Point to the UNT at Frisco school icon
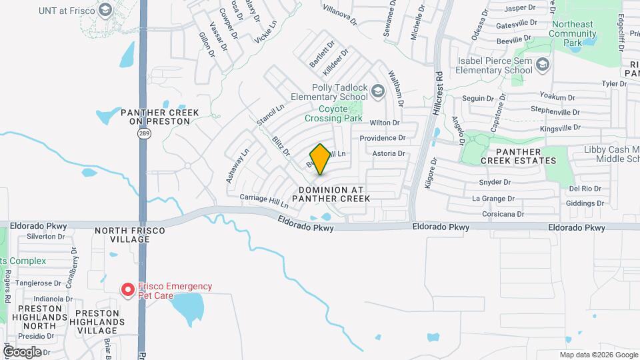pyautogui.click(x=105, y=10)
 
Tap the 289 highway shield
pyautogui.click(x=143, y=133)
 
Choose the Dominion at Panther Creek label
pyautogui.click(x=331, y=194)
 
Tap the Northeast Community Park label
pyautogui.click(x=573, y=33)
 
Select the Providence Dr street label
pyautogui.click(x=383, y=138)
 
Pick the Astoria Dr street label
pyautogui.click(x=389, y=153)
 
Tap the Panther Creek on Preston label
pyautogui.click(x=160, y=117)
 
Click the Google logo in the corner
pyautogui.click(x=22, y=351)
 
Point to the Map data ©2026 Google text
pyautogui.click(x=598, y=355)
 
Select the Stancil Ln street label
pyautogui.click(x=269, y=115)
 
